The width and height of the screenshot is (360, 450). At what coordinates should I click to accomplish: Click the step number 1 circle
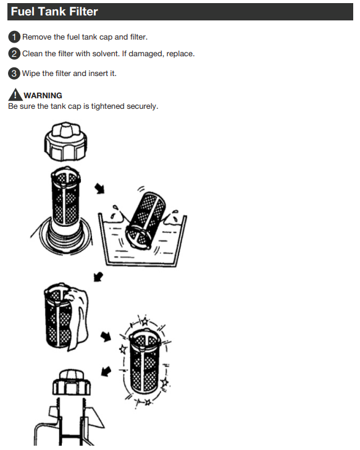pyautogui.click(x=14, y=37)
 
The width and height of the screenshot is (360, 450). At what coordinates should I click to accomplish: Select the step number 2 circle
pyautogui.click(x=14, y=54)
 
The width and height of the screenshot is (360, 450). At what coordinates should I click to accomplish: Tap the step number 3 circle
pyautogui.click(x=14, y=74)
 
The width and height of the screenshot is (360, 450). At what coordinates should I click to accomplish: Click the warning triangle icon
pyautogui.click(x=15, y=95)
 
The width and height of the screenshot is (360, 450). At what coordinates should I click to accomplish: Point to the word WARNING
pyautogui.click(x=43, y=96)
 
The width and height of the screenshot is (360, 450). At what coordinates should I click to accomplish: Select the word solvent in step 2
pyautogui.click(x=105, y=54)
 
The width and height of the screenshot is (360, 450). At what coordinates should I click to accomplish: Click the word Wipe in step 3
pyautogui.click(x=31, y=74)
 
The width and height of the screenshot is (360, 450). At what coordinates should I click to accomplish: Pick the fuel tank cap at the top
pyautogui.click(x=65, y=141)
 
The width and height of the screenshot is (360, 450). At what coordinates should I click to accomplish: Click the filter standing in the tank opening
pyautogui.click(x=65, y=196)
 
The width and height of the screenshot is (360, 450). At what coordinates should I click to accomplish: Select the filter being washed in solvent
pyautogui.click(x=146, y=220)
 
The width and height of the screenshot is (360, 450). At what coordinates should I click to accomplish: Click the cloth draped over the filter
pyautogui.click(x=78, y=318)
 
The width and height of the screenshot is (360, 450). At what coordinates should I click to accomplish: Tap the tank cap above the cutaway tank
pyautogui.click(x=72, y=382)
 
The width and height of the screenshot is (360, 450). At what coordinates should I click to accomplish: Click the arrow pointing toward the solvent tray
pyautogui.click(x=100, y=189)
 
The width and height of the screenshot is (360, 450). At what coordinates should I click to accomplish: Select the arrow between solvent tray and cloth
pyautogui.click(x=98, y=277)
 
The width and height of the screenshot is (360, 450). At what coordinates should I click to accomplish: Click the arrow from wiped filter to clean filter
pyautogui.click(x=106, y=337)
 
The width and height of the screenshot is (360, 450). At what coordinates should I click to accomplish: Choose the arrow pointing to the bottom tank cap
pyautogui.click(x=106, y=371)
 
